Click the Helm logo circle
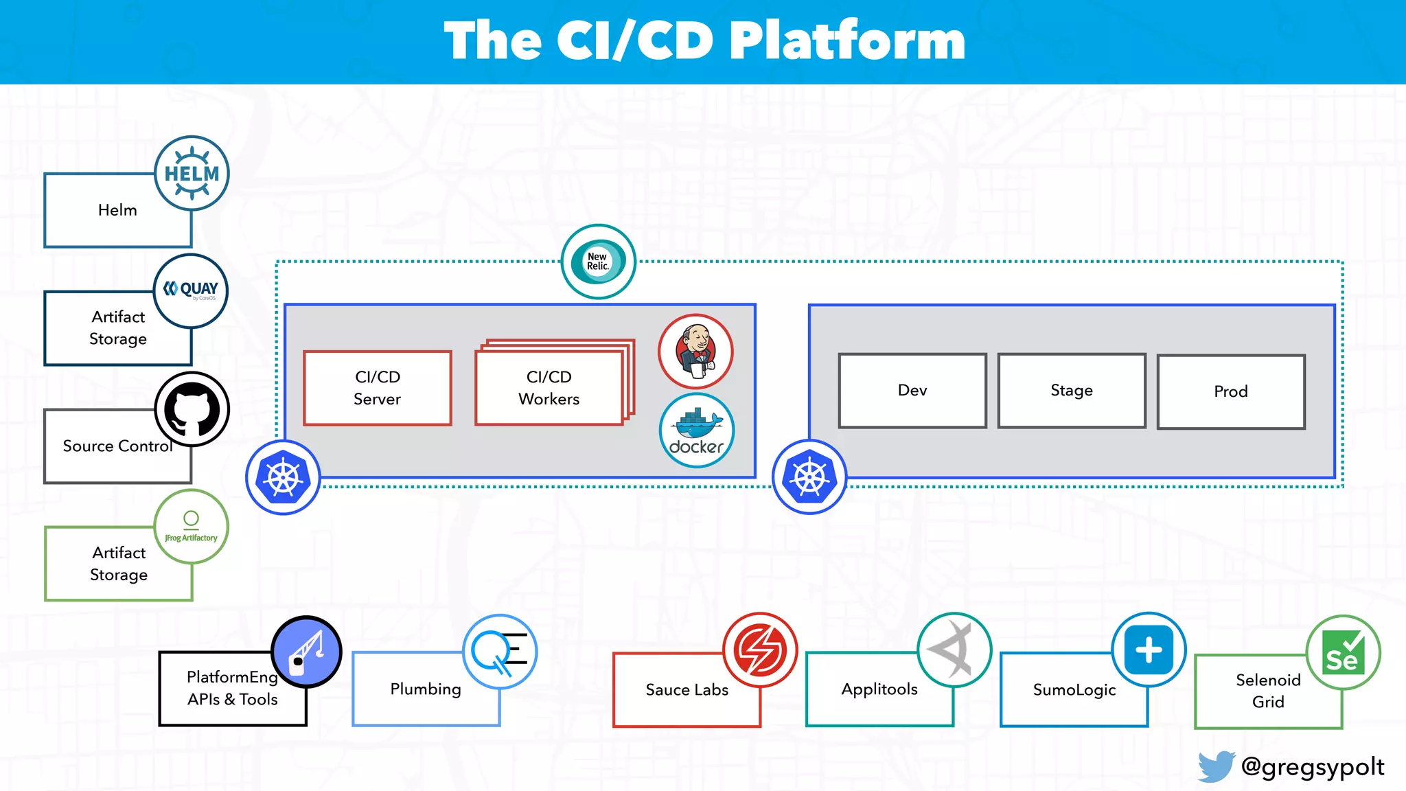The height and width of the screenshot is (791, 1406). pos(192,173)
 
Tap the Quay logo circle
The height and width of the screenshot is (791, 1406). pos(191,290)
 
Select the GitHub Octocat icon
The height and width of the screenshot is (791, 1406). pos(192,409)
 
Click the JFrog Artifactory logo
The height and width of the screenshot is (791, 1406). pos(191,527)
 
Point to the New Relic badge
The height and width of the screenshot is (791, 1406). pos(599,262)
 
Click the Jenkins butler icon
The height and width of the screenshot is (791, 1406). pos(696,352)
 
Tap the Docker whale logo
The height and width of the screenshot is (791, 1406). pos(697,431)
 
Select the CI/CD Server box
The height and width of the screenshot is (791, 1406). pos(378,388)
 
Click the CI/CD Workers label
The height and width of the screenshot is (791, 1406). pos(549,388)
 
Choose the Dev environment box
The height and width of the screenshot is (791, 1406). pos(912,391)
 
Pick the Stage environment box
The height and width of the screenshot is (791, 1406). pos(1072,391)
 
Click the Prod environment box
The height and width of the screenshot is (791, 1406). pos(1231,391)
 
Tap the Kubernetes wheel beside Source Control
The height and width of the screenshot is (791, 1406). pos(283,477)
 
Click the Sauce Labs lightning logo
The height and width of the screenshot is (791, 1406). pos(760,650)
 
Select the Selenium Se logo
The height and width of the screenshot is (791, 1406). pos(1343,652)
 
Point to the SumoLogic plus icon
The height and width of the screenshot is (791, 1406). pos(1149,650)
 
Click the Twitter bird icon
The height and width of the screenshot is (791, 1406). pos(1217,766)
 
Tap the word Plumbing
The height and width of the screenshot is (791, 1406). pos(426,689)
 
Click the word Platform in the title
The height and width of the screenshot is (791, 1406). pos(846,41)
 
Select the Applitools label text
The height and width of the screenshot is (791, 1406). pos(879,689)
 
